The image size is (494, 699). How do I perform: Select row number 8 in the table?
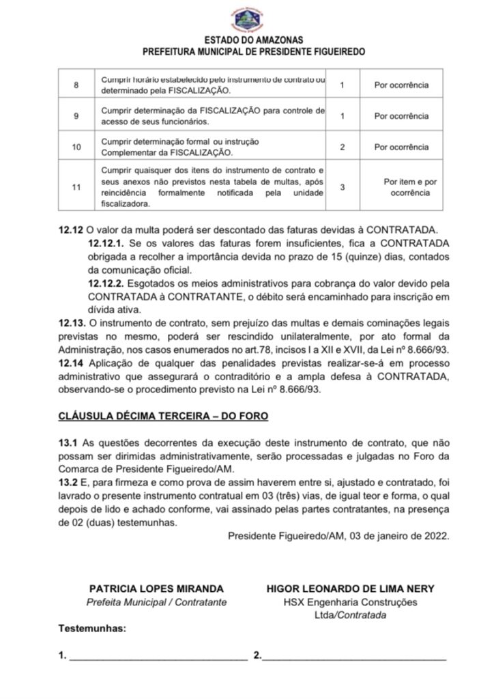(76, 85)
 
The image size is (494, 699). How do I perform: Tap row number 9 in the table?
(76, 116)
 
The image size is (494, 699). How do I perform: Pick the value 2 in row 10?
(342, 147)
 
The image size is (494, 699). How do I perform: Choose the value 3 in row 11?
(342, 186)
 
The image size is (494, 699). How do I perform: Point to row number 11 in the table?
(76, 186)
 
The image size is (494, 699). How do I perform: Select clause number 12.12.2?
(106, 282)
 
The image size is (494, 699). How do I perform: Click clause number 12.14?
(72, 361)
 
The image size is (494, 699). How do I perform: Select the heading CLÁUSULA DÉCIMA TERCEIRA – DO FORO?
(163, 415)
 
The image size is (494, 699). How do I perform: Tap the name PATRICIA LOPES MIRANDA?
(156, 588)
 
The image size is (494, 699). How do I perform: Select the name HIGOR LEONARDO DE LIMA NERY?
(351, 588)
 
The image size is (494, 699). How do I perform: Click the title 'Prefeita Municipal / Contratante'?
(156, 602)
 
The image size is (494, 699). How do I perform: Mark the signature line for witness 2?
(354, 657)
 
